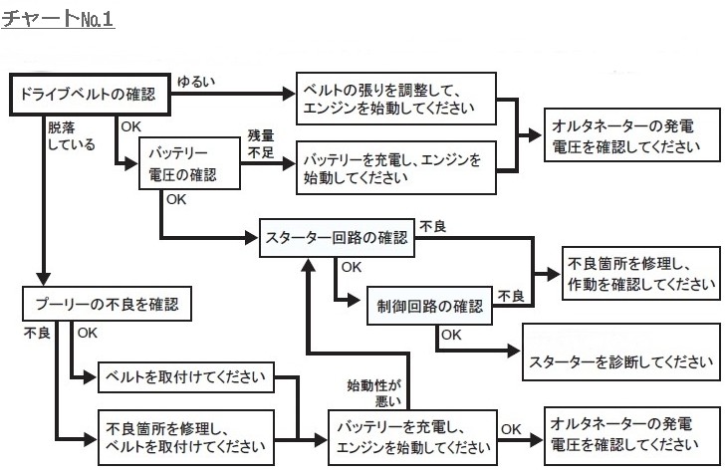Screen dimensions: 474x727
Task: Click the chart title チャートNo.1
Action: point(59,19)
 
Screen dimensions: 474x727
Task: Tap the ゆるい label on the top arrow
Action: point(194,80)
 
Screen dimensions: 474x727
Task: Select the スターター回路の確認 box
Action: point(338,238)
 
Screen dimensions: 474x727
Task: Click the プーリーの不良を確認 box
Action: point(107,303)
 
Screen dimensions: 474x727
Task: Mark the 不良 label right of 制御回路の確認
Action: point(511,296)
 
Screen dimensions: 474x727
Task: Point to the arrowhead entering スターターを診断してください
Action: point(515,351)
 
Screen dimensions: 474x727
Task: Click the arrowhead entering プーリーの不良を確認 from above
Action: point(41,278)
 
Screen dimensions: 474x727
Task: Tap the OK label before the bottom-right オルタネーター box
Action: point(511,429)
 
